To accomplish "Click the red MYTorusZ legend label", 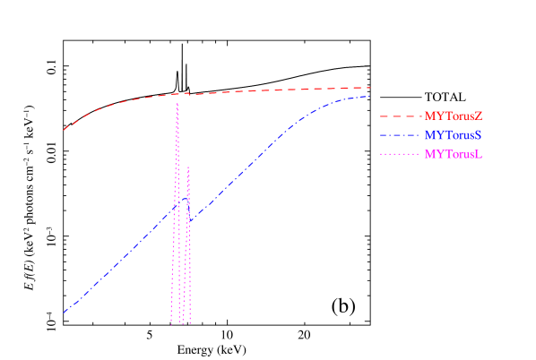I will coord(454,116).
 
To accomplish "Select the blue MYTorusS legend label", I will coord(454,135).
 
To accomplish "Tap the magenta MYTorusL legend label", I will coord(454,154).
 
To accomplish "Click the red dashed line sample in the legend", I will coord(399,116).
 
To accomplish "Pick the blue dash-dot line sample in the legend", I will coord(399,135).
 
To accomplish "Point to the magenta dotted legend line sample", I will coord(399,154).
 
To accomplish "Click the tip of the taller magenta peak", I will coord(177,104).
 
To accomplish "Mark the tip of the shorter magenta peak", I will coord(188,167).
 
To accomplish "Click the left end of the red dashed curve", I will coord(64,131).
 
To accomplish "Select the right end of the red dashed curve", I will coord(370,88).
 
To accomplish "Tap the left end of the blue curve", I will coord(64,313).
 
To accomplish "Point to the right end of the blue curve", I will coord(370,96).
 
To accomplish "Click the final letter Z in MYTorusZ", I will coord(479,116).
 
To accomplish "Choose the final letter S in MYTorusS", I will coord(479,135).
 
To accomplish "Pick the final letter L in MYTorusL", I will coord(480,154).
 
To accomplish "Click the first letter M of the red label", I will coord(428,116).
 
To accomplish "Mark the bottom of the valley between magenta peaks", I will coord(183,322).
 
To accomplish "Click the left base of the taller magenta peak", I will coord(171,322).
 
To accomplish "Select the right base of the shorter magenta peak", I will coord(191,322).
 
